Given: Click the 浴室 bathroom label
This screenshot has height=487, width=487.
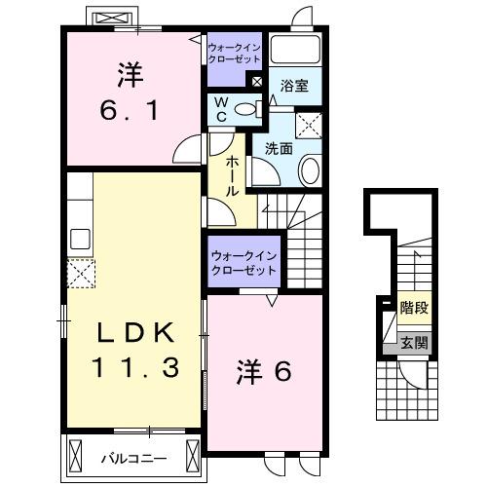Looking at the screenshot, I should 295,86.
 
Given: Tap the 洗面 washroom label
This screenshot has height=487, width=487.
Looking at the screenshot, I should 280,149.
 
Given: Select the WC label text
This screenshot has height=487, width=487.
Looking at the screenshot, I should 221,108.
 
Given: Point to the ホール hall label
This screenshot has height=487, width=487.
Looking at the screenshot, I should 234,177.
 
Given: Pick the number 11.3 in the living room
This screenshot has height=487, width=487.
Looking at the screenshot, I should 134,368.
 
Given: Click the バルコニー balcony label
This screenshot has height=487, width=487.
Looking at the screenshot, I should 133,456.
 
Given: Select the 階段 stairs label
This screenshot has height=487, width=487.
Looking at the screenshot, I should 415,309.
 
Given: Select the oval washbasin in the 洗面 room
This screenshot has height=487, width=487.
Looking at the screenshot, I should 310,171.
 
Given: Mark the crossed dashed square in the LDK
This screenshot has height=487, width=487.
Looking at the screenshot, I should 80,274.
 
